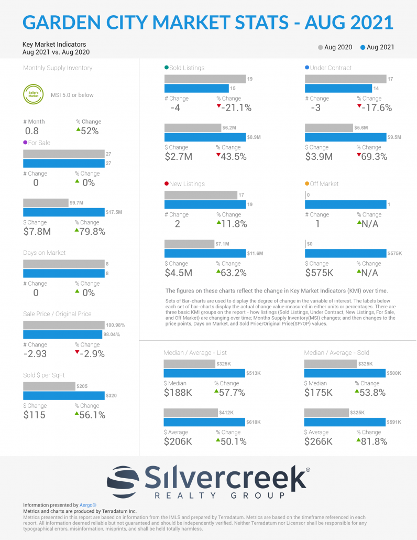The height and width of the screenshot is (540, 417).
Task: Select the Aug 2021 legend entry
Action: [x=377, y=47]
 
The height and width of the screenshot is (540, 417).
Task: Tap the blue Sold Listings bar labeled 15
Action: [x=196, y=88]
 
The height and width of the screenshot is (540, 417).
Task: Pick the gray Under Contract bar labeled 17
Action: [x=345, y=79]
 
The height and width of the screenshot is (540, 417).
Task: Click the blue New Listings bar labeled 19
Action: [x=205, y=204]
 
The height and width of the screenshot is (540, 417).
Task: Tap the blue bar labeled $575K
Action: [x=345, y=254]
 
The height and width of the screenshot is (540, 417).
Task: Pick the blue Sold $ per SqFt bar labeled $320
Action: [x=63, y=395]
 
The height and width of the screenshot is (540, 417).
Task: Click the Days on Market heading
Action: [x=44, y=253]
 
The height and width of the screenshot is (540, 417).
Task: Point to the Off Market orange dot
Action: [x=307, y=184]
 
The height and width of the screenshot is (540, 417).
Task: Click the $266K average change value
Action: [x=319, y=441]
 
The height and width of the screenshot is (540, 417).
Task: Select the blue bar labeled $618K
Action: [x=204, y=422]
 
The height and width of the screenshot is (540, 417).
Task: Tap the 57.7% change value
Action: [x=231, y=393]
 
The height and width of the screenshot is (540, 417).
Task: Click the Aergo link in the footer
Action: [x=88, y=505]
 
